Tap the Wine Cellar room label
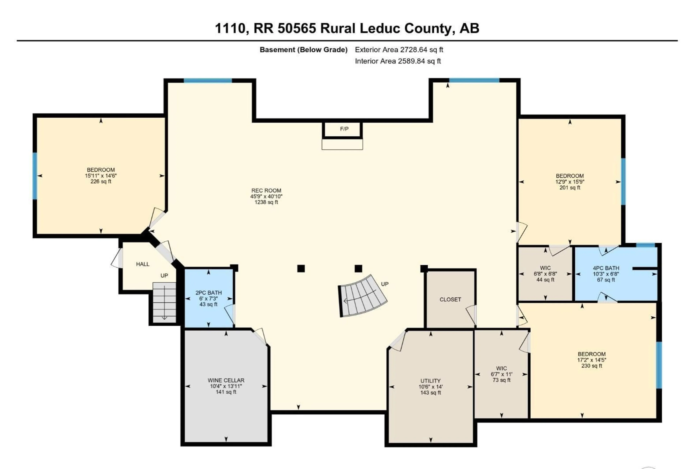point(226,380)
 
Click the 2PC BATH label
point(208,293)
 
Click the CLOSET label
point(450,299)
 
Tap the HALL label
point(142,264)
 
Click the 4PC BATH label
point(606,268)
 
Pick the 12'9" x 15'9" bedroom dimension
point(570,182)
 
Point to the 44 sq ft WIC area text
point(545,280)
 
